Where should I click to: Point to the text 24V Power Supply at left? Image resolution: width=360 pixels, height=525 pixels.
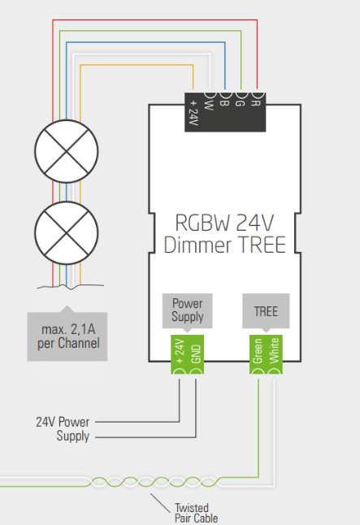pyautogui.click(x=63, y=429)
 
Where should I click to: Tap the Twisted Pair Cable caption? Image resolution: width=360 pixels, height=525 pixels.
pyautogui.click(x=195, y=513)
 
